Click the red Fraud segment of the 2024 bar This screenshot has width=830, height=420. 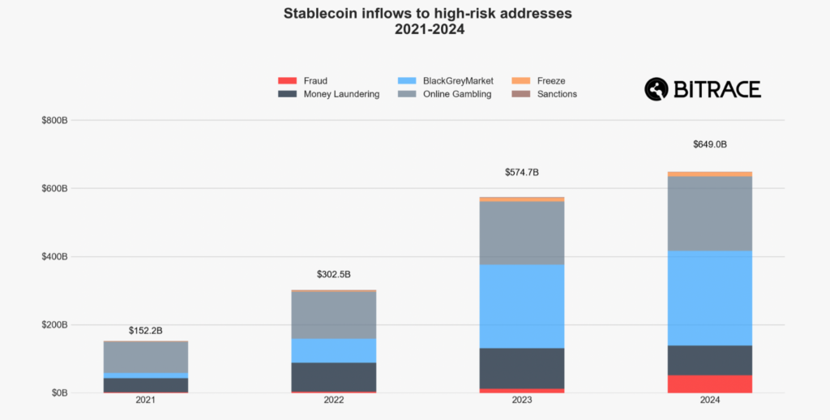(709, 384)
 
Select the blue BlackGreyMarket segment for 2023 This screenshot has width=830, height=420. (521, 306)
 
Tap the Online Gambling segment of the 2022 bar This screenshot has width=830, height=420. (333, 315)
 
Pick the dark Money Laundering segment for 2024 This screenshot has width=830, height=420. (709, 360)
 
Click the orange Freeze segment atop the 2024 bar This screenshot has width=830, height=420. (709, 174)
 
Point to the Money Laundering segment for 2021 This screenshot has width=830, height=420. (146, 384)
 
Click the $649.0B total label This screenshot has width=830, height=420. (709, 144)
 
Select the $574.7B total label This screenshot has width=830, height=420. (521, 172)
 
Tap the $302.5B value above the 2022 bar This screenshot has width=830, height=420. (333, 274)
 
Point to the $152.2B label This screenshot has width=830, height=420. (146, 331)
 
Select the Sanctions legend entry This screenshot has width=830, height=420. (556, 94)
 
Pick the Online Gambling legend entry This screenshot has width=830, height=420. (456, 94)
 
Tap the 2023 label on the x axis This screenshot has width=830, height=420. (521, 401)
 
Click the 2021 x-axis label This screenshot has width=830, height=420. (146, 401)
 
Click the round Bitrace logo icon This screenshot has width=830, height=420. (656, 88)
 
